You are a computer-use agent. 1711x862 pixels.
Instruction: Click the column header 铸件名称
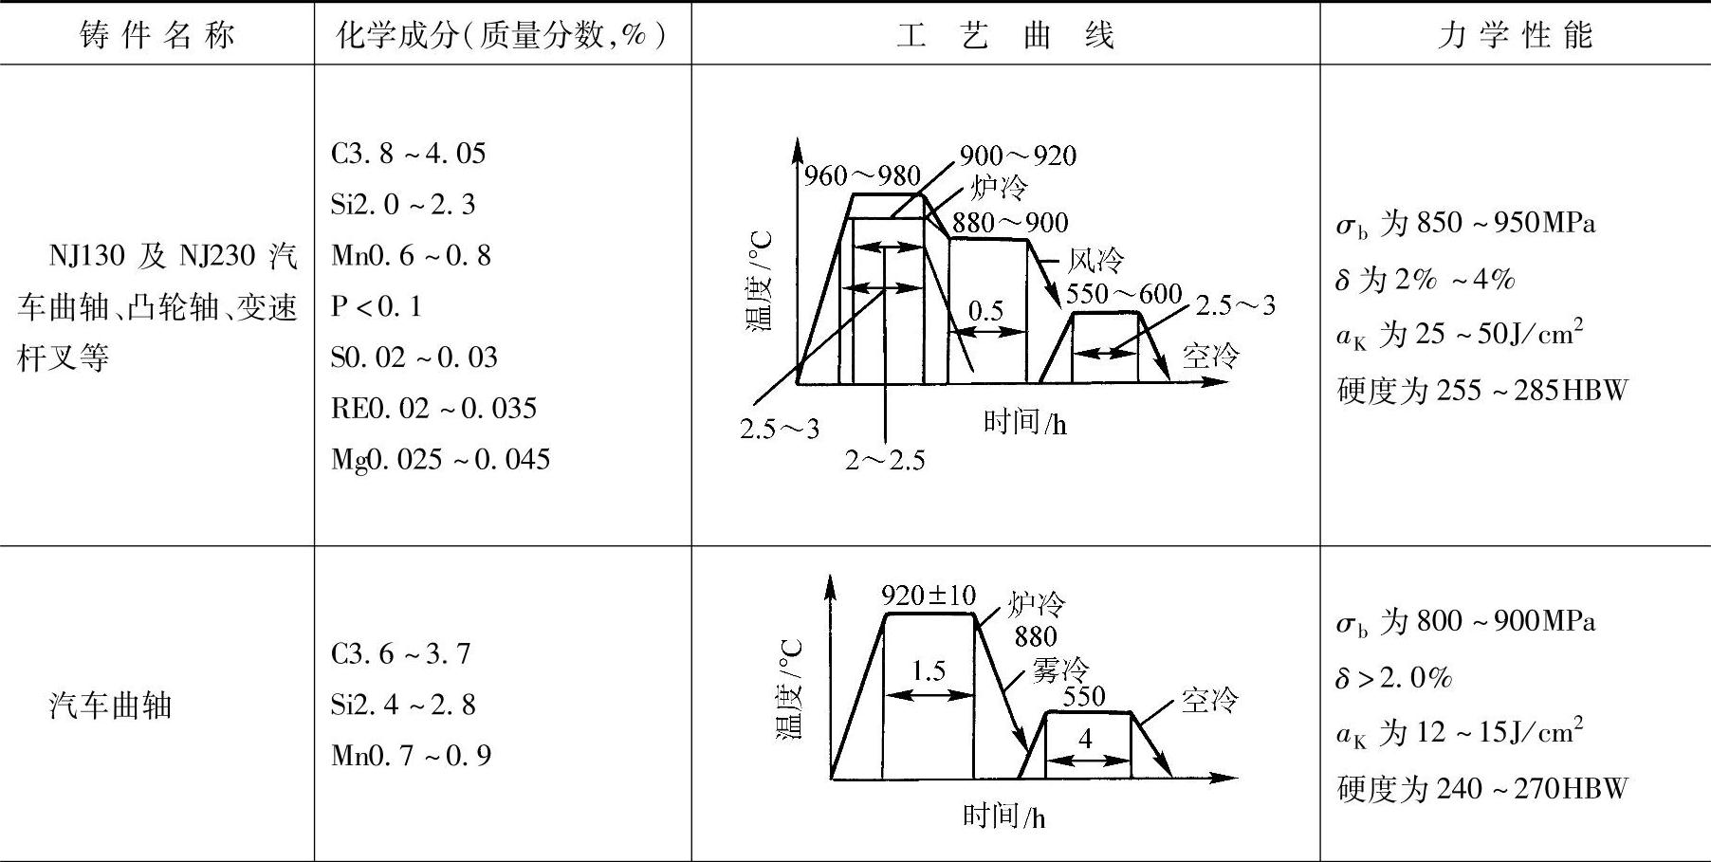click(157, 36)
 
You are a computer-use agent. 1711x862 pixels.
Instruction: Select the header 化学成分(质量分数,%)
click(502, 36)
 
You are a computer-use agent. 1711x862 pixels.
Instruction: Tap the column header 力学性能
click(1515, 36)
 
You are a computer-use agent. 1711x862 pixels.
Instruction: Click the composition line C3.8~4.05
click(408, 154)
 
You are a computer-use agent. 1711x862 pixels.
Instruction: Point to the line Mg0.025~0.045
click(440, 460)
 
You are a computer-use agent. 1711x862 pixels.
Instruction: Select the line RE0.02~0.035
click(433, 409)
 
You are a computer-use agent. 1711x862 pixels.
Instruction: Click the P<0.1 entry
click(376, 306)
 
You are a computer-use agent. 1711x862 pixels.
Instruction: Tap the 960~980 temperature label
click(862, 176)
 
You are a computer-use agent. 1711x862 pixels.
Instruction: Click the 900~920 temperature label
click(1018, 156)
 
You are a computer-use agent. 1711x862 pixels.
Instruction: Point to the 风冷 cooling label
click(1095, 261)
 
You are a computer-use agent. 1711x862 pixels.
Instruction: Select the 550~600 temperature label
click(1124, 294)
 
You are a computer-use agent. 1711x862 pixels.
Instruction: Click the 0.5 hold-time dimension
click(986, 311)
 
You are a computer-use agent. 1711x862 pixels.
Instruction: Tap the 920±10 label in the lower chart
click(928, 596)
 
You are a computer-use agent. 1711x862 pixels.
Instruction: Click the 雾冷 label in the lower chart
click(1060, 670)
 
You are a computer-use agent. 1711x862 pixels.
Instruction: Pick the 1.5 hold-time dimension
click(929, 671)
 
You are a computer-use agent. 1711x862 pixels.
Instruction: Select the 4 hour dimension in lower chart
click(1086, 738)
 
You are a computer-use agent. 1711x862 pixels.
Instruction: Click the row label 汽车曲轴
click(110, 706)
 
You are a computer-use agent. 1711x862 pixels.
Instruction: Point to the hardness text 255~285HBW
click(1531, 391)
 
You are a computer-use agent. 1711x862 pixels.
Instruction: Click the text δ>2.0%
click(1393, 678)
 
